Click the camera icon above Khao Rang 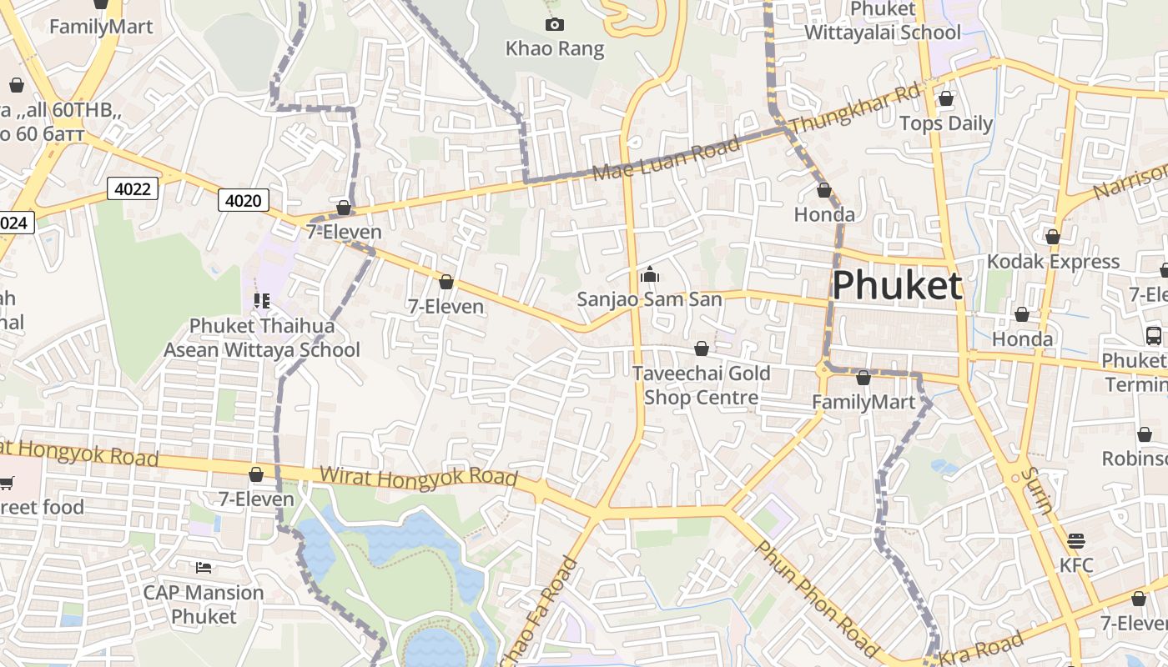pyautogui.click(x=554, y=25)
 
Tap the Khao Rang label pyautogui.click(x=555, y=49)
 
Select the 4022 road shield pyautogui.click(x=133, y=189)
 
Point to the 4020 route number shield pyautogui.click(x=244, y=200)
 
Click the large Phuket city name pyautogui.click(x=898, y=286)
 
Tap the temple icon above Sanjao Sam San pyautogui.click(x=650, y=274)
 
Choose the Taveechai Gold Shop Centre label pyautogui.click(x=702, y=385)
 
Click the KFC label pyautogui.click(x=1076, y=564)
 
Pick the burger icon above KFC pyautogui.click(x=1076, y=540)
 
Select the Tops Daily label pyautogui.click(x=946, y=124)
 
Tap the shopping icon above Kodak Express pyautogui.click(x=1053, y=238)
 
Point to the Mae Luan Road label pyautogui.click(x=667, y=159)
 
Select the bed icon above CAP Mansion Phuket pyautogui.click(x=204, y=568)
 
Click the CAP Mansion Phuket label pyautogui.click(x=204, y=604)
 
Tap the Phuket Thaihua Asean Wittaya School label pyautogui.click(x=262, y=338)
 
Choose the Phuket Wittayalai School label pyautogui.click(x=883, y=21)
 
